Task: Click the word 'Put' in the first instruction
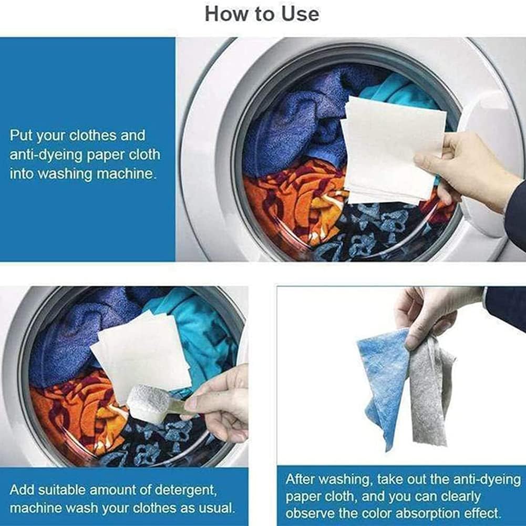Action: pos(20,136)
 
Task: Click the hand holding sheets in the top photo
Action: pos(462,163)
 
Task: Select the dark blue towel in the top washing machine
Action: pos(294,121)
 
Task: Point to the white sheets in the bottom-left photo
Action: pos(142,352)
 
